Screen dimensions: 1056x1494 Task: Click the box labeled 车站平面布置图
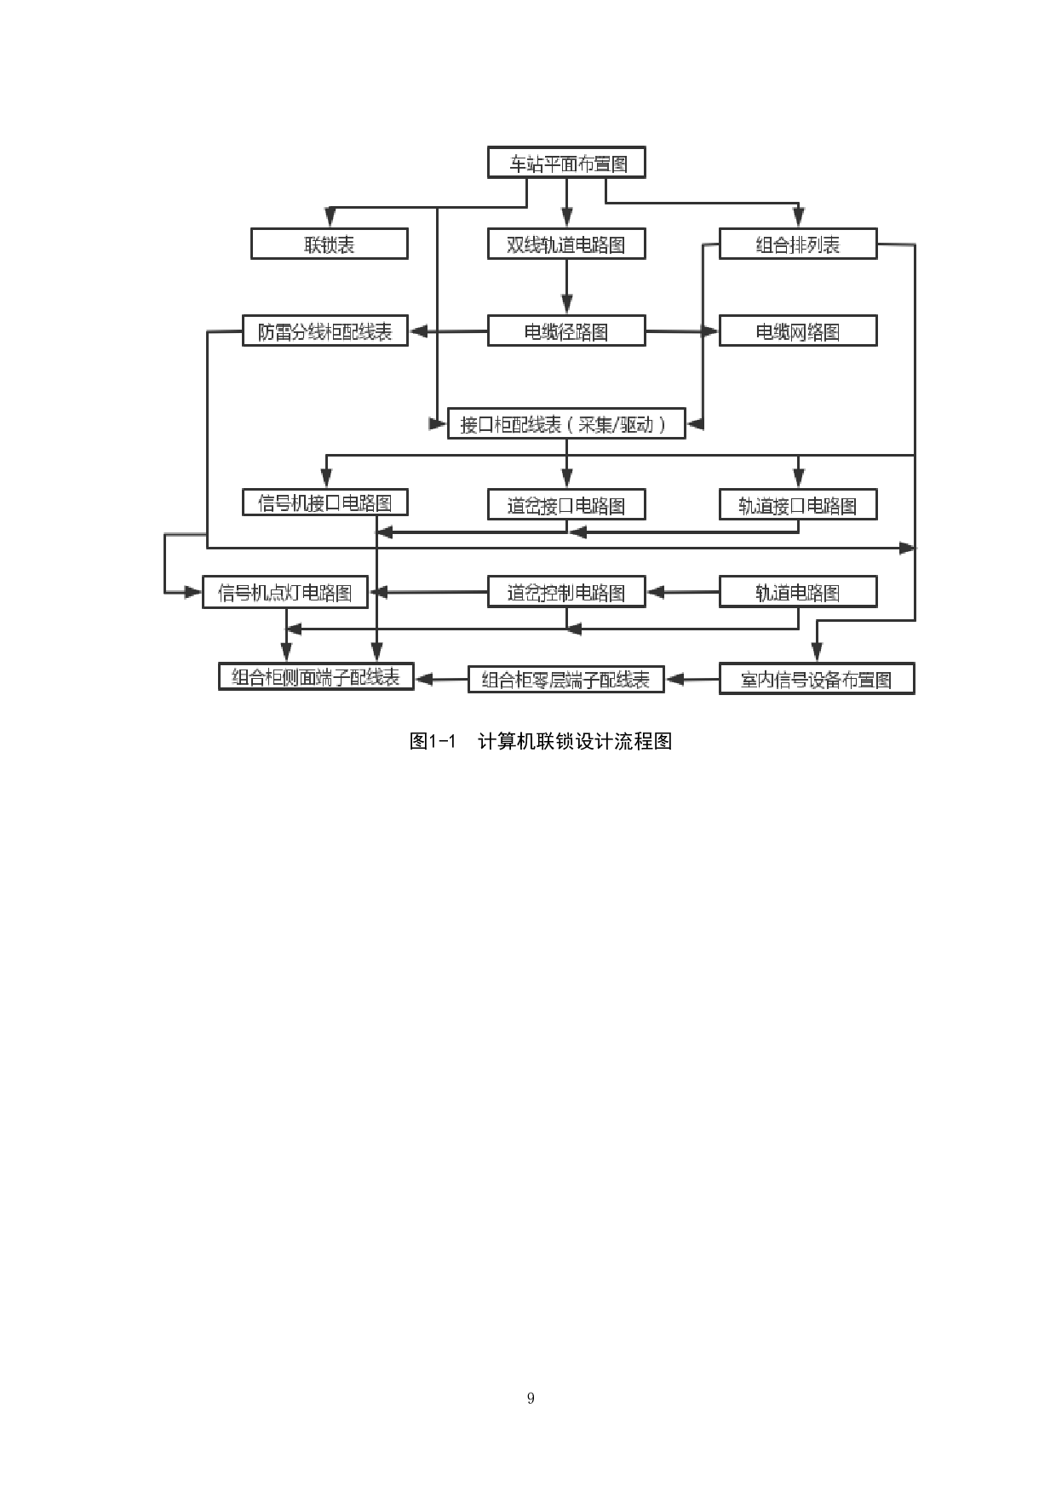566,163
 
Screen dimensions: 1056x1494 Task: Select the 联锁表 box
329,244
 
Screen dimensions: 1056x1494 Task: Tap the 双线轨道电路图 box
566,244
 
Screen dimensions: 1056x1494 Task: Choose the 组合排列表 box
798,244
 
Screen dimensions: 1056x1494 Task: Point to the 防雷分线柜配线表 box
324,331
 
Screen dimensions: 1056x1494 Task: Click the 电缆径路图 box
566,331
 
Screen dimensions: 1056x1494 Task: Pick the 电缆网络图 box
798,331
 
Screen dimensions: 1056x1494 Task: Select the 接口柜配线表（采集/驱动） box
566,423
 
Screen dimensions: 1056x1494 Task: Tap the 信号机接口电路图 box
324,503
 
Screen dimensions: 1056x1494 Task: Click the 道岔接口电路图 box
566,505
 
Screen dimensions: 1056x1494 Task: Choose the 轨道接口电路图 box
798,505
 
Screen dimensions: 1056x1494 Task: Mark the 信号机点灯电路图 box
284,592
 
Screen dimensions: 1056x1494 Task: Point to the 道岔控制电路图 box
566,592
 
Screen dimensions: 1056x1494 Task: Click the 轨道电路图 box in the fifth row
798,592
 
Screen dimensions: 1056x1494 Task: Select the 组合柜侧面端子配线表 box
316,676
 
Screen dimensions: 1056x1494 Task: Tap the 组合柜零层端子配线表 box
566,679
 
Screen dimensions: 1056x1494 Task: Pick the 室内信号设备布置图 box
817,679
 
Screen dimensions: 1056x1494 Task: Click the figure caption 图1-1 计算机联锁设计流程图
541,741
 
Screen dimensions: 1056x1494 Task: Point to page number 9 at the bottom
531,1398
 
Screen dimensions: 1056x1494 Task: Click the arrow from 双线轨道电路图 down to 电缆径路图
566,287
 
